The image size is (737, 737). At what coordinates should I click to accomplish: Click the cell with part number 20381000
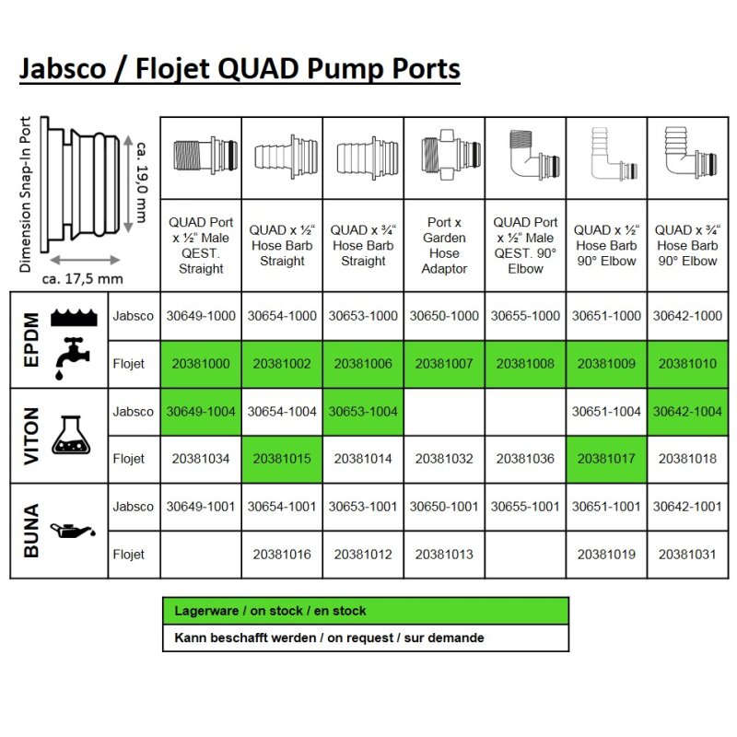tap(201, 364)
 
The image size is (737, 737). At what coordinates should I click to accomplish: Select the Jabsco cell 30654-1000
tap(282, 316)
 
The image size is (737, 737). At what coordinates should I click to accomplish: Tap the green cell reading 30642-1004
tap(687, 412)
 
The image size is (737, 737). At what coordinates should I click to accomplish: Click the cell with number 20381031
tap(687, 555)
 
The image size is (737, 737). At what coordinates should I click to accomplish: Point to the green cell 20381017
tap(606, 459)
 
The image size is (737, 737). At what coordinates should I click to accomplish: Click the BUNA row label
tap(29, 530)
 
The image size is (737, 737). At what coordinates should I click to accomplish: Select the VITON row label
tap(29, 435)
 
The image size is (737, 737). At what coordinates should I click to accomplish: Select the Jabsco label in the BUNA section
tap(134, 507)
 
